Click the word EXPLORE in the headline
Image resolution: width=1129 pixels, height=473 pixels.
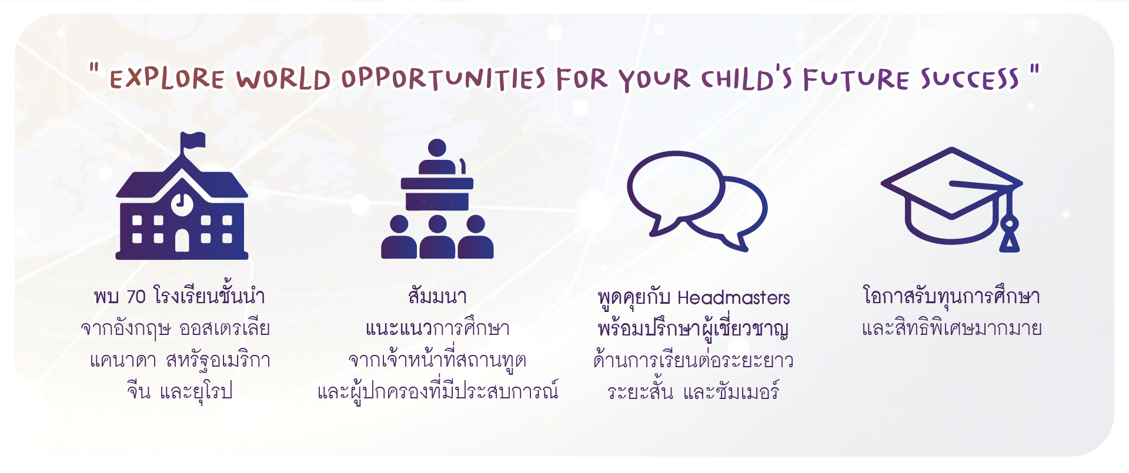pos(167,79)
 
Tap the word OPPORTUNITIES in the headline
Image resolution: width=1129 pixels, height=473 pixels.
pos(444,79)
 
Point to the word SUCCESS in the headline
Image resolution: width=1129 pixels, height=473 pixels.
pos(970,79)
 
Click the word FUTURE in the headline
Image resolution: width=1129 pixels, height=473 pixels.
pos(856,79)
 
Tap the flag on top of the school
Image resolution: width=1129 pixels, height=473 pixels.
pos(193,140)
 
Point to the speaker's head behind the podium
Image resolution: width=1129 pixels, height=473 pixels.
pos(437,148)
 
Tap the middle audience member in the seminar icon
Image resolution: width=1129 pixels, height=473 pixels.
pos(437,237)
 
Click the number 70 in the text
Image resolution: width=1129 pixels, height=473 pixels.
pos(136,297)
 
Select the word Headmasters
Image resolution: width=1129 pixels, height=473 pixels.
pos(733,297)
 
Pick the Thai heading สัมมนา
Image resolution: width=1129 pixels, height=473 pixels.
pos(437,296)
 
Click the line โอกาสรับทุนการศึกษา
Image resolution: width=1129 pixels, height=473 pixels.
pos(951,296)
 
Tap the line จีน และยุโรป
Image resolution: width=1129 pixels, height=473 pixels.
pos(179,390)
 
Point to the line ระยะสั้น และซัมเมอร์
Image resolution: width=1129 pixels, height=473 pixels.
pos(693,390)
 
